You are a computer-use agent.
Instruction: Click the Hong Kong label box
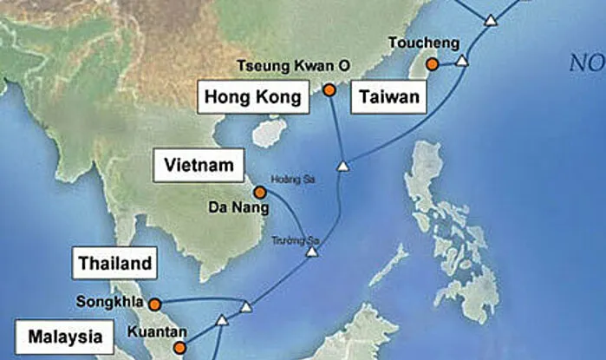coord(254,97)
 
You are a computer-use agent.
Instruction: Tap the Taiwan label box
coord(389,97)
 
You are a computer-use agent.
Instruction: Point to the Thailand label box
coord(115,263)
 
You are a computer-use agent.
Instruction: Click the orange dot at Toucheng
coord(432,63)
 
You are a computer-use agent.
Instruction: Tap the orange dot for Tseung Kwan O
coord(329,89)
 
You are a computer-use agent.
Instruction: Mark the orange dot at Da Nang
coord(259,192)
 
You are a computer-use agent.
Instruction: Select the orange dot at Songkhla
coord(154,304)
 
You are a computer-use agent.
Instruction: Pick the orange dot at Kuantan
coord(179,349)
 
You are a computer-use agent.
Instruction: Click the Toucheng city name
coord(419,43)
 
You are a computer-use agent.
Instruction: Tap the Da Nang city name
coord(231,208)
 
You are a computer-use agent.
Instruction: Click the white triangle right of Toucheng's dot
coord(462,61)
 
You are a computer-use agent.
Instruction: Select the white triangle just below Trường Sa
coord(311,252)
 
